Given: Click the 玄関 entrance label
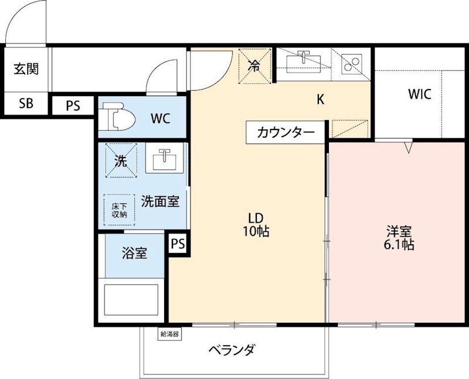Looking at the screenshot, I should point(26,69).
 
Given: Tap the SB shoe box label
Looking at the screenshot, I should point(26,104).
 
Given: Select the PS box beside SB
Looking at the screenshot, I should point(73,106).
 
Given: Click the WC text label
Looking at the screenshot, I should point(160,118).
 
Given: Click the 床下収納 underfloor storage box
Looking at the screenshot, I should point(120,210).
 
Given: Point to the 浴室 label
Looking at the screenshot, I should point(134,254).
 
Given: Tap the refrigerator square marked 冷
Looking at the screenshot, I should point(254,65).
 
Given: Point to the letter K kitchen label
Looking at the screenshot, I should point(320,100).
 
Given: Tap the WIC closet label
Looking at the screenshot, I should point(420,94).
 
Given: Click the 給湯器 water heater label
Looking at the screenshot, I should point(169,334).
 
